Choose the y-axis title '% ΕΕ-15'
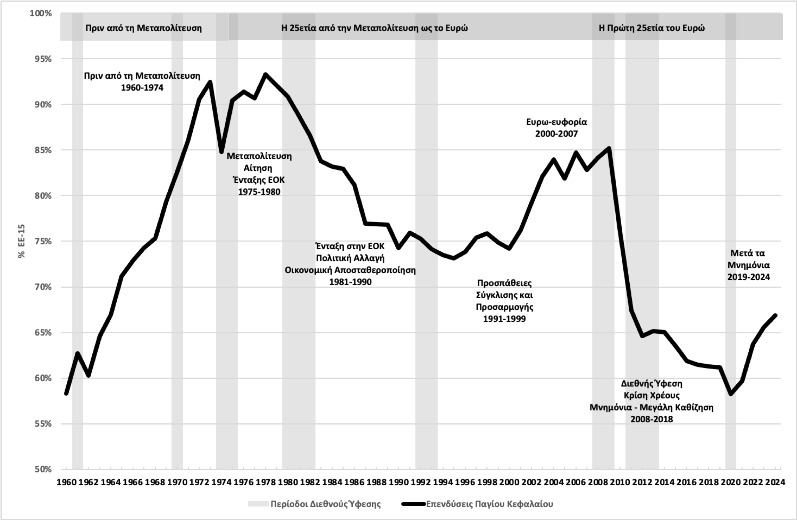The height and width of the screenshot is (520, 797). [x=22, y=241]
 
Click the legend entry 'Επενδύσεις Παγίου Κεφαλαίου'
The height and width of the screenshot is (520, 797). [x=489, y=504]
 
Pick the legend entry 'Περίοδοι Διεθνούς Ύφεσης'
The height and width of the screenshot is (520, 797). [x=326, y=504]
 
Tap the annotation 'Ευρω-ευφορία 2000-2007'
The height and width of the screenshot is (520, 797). [x=556, y=128]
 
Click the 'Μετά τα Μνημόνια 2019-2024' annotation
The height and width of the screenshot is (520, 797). [x=748, y=265]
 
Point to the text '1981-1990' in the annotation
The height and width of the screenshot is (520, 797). [x=350, y=282]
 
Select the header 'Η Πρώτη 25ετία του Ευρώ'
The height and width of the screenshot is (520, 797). [x=652, y=28]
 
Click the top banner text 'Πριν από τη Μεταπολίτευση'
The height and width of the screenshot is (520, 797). [x=143, y=28]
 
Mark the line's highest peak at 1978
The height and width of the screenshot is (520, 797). [x=266, y=74]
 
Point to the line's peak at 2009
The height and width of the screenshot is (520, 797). [x=609, y=148]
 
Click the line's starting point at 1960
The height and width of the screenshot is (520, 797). [x=66, y=393]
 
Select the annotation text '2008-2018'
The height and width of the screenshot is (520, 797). [x=652, y=419]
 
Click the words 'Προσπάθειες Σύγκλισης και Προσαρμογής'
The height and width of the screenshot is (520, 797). [x=504, y=295]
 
